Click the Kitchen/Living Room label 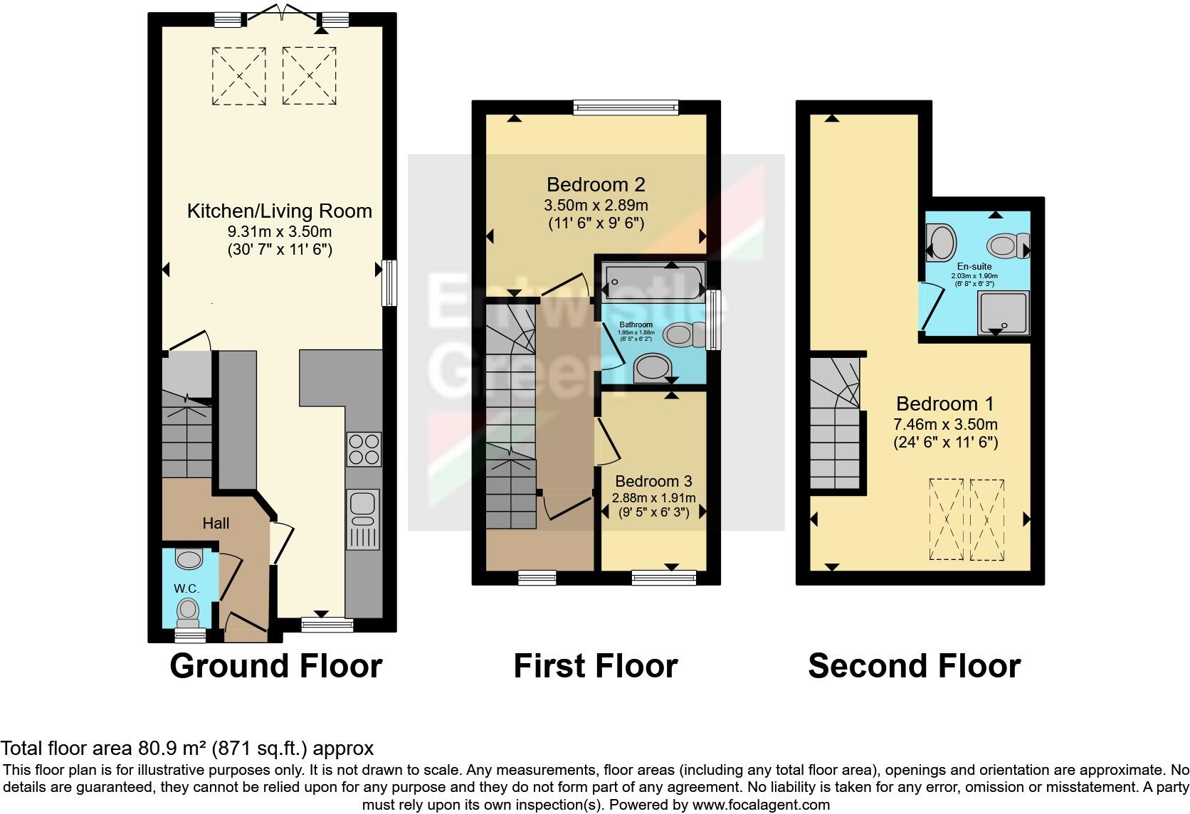tap(279, 211)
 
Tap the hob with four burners tap(364, 448)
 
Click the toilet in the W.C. tap(188, 610)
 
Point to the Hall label tap(216, 524)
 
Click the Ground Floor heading tap(276, 666)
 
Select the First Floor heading tap(595, 666)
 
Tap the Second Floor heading tap(914, 666)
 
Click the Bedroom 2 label tap(596, 185)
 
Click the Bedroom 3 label tap(653, 482)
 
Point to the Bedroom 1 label tap(945, 404)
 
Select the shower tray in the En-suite tap(1004, 313)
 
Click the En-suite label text tap(974, 267)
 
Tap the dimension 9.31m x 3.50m tap(280, 231)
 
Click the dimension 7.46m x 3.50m tap(945, 425)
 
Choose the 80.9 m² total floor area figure tap(169, 749)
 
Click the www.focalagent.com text tap(760, 805)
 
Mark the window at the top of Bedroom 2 tap(626, 107)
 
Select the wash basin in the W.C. tap(189, 559)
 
